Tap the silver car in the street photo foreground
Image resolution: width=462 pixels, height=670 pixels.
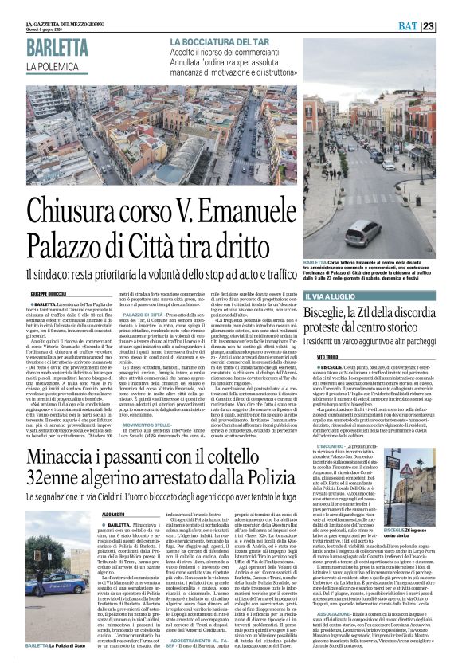(386, 230)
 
